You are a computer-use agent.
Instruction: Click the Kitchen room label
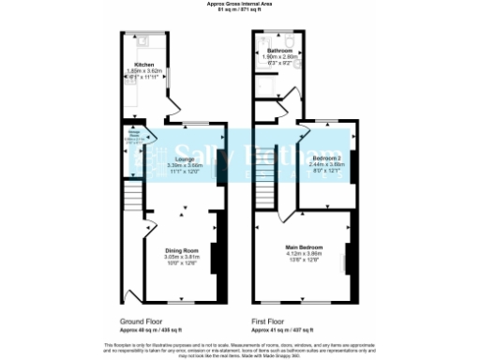pos(144,65)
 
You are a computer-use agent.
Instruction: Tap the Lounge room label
pos(183,159)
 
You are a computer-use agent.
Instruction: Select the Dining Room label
pos(183,250)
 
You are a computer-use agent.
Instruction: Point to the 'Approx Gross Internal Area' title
pos(239,4)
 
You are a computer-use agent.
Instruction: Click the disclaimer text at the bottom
pos(240,347)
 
